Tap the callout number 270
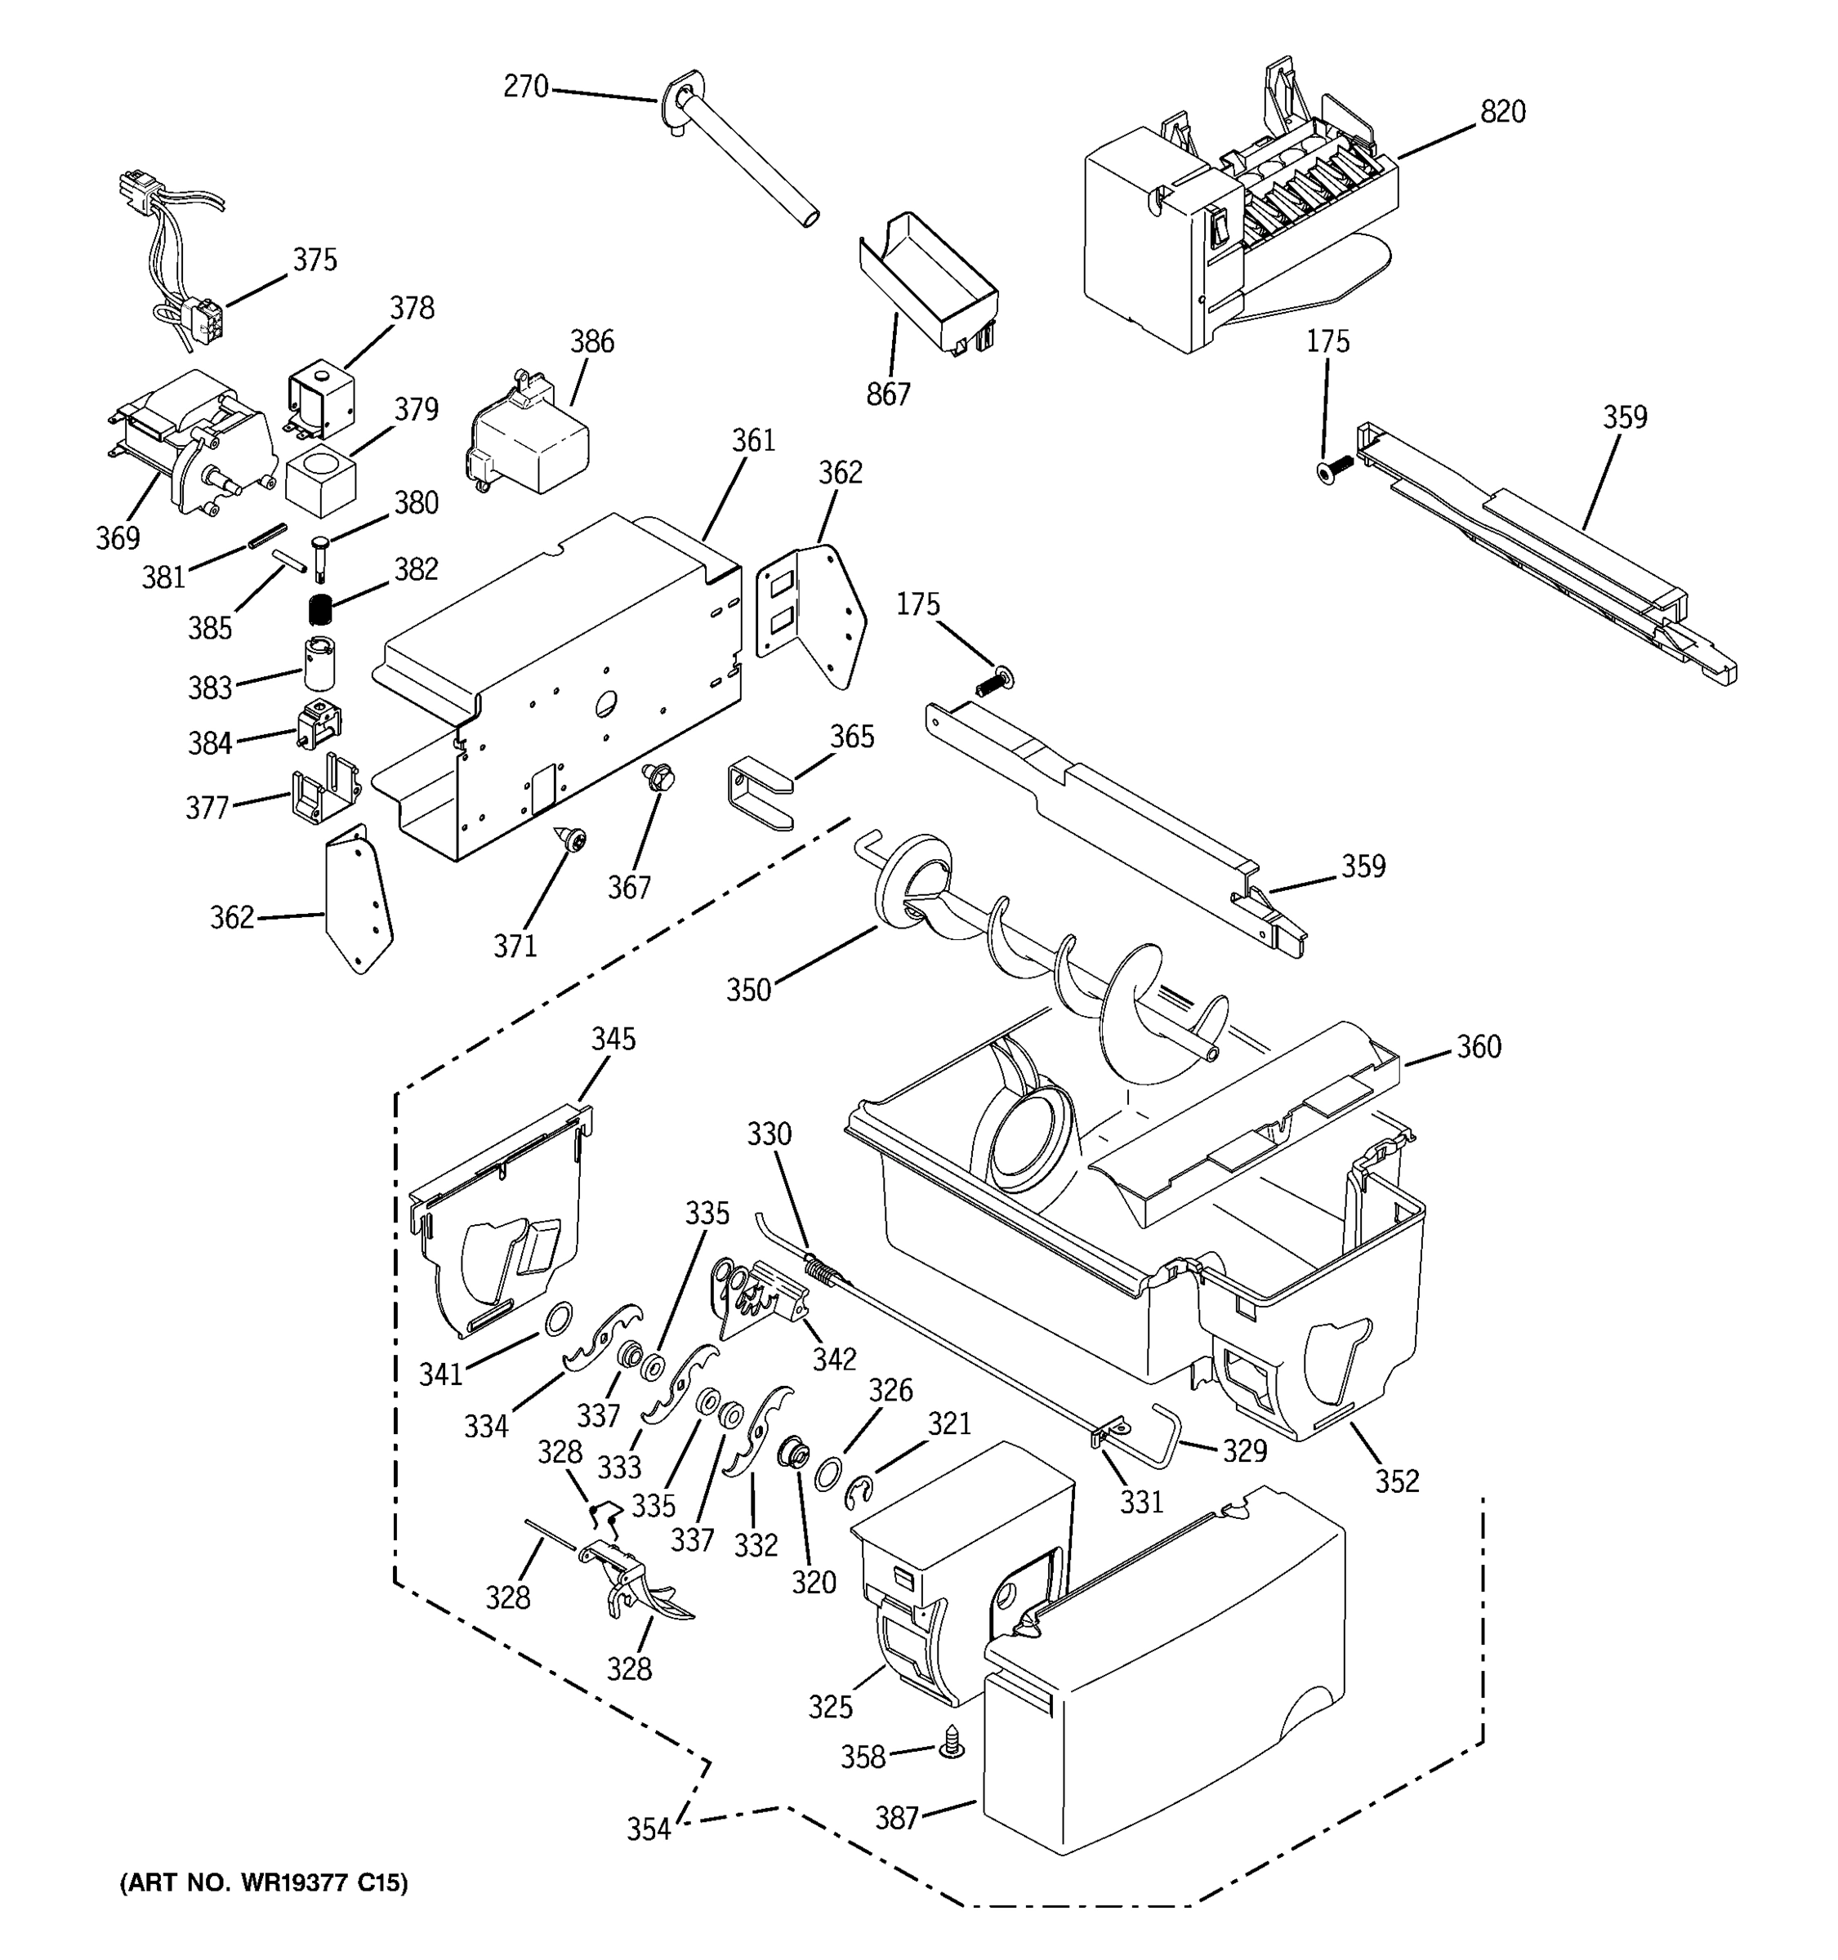[x=525, y=87]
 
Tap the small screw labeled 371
[x=572, y=839]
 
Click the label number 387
[x=897, y=1818]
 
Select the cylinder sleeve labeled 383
[x=319, y=662]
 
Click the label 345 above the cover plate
[x=613, y=1039]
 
